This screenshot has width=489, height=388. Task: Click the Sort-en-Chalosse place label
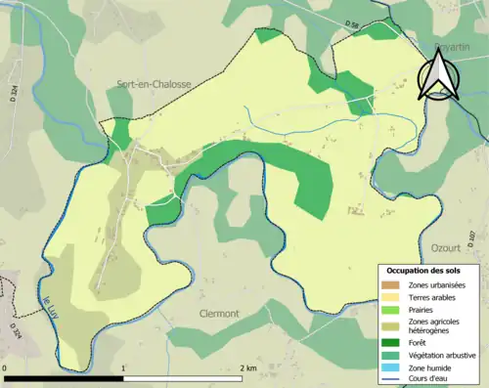click(x=152, y=85)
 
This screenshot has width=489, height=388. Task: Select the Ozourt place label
click(x=445, y=248)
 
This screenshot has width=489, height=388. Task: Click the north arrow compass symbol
click(x=438, y=76)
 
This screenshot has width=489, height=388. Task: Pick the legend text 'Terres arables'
click(x=432, y=296)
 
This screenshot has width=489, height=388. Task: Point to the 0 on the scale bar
click(x=7, y=368)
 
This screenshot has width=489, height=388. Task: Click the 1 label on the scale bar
click(x=123, y=368)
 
